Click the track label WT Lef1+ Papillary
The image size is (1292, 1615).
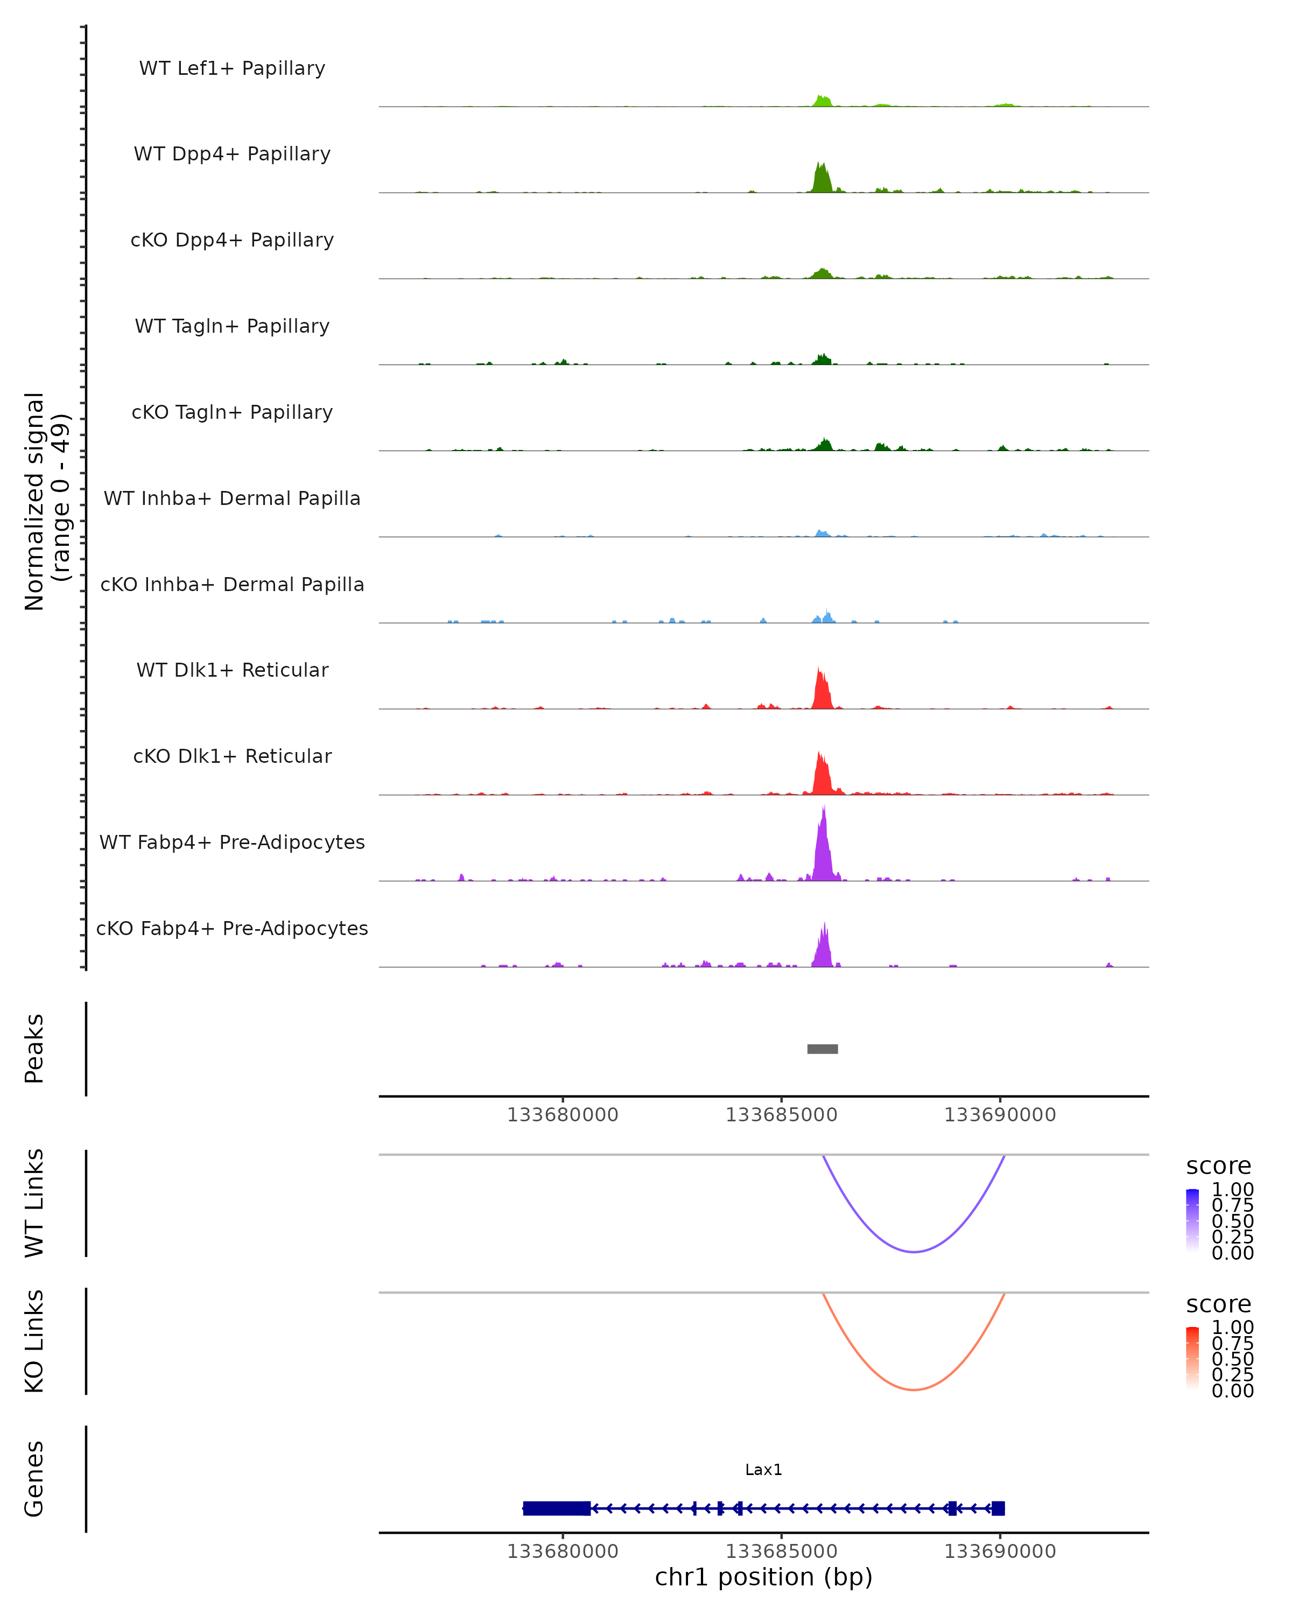coord(232,68)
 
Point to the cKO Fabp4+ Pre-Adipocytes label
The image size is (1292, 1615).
coord(232,928)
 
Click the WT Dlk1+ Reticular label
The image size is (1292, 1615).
coord(232,670)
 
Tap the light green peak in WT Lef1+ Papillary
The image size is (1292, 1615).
coord(823,101)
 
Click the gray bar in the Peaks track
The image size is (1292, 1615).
coord(823,1049)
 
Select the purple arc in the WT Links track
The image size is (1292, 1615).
coord(914,1251)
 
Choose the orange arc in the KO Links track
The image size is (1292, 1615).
coord(914,1389)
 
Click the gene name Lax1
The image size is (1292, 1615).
coord(763,1470)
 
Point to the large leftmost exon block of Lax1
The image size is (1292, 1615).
coord(557,1508)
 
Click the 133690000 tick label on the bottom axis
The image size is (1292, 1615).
coord(1000,1551)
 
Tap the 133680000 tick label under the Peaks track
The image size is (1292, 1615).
coord(563,1115)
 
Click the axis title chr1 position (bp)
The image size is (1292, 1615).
coord(763,1577)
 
